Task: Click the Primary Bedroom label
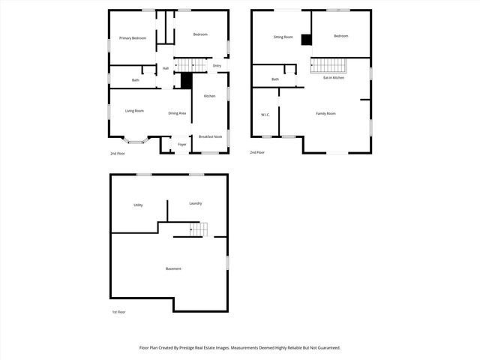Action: [x=133, y=37]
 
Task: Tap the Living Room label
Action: [x=134, y=111]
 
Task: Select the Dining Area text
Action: [x=177, y=113]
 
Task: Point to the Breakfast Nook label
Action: [x=209, y=136]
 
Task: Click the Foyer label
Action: [x=181, y=144]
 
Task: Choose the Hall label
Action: [x=165, y=68]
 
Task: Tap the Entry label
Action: [x=217, y=66]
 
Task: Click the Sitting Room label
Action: [x=283, y=36]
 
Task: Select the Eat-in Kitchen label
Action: [x=334, y=78]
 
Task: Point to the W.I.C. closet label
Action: [x=265, y=115]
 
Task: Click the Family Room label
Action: [x=325, y=113]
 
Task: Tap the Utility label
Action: [x=138, y=205]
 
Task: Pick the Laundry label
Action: [x=195, y=203]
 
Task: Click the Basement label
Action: [x=173, y=268]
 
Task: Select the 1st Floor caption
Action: [x=118, y=312]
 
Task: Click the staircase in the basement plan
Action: [x=196, y=229]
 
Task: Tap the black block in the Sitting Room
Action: [x=306, y=40]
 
